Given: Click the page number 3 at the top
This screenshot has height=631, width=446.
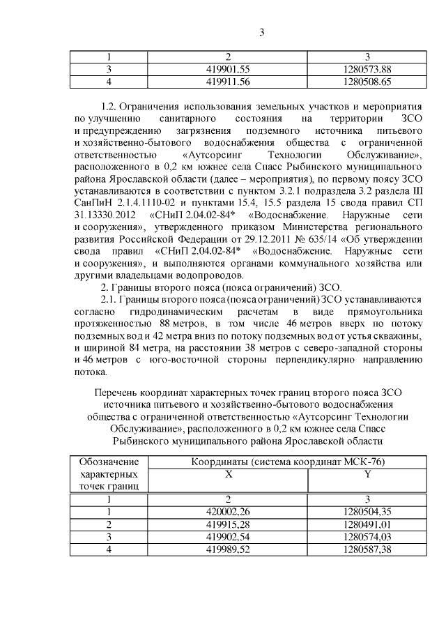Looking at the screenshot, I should click(x=261, y=32).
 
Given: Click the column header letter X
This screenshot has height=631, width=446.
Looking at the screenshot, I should click(x=228, y=474).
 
